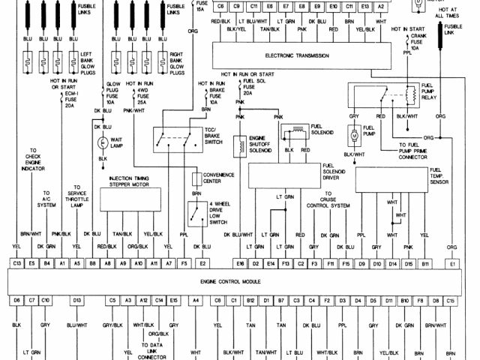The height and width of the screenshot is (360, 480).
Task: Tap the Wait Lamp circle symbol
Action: click(x=102, y=142)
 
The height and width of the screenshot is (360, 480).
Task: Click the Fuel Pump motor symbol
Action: click(x=352, y=136)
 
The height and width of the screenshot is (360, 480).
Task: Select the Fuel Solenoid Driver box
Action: click(x=285, y=178)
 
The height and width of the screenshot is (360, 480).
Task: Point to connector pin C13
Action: click(x=16, y=263)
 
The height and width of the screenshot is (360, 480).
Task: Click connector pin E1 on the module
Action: click(x=452, y=263)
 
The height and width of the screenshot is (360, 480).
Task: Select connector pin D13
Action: click(x=76, y=300)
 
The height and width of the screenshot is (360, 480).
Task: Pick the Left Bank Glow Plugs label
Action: click(x=82, y=61)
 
